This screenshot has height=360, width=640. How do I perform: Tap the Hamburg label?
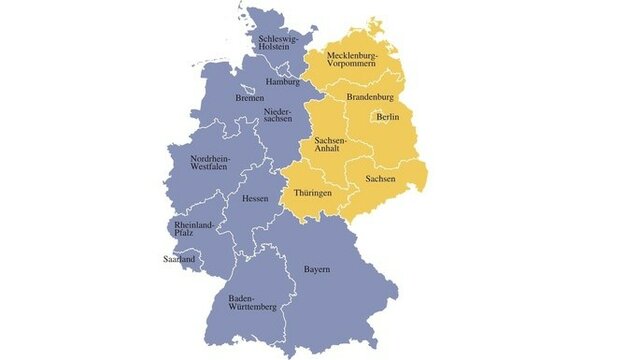click(x=283, y=81)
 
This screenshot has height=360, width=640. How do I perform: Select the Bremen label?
click(x=250, y=98)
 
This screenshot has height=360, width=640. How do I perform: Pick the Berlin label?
click(x=388, y=117)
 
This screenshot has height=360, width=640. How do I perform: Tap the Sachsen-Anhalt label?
click(x=330, y=146)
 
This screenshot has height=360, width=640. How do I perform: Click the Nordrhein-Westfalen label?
click(x=213, y=162)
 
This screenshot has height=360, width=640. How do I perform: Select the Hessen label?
click(x=255, y=198)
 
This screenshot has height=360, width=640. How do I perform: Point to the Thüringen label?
click(x=312, y=192)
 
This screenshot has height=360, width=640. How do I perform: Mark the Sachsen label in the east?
click(x=381, y=178)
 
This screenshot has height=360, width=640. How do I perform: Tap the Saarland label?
click(x=180, y=259)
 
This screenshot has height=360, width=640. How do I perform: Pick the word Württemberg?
click(x=252, y=308)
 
